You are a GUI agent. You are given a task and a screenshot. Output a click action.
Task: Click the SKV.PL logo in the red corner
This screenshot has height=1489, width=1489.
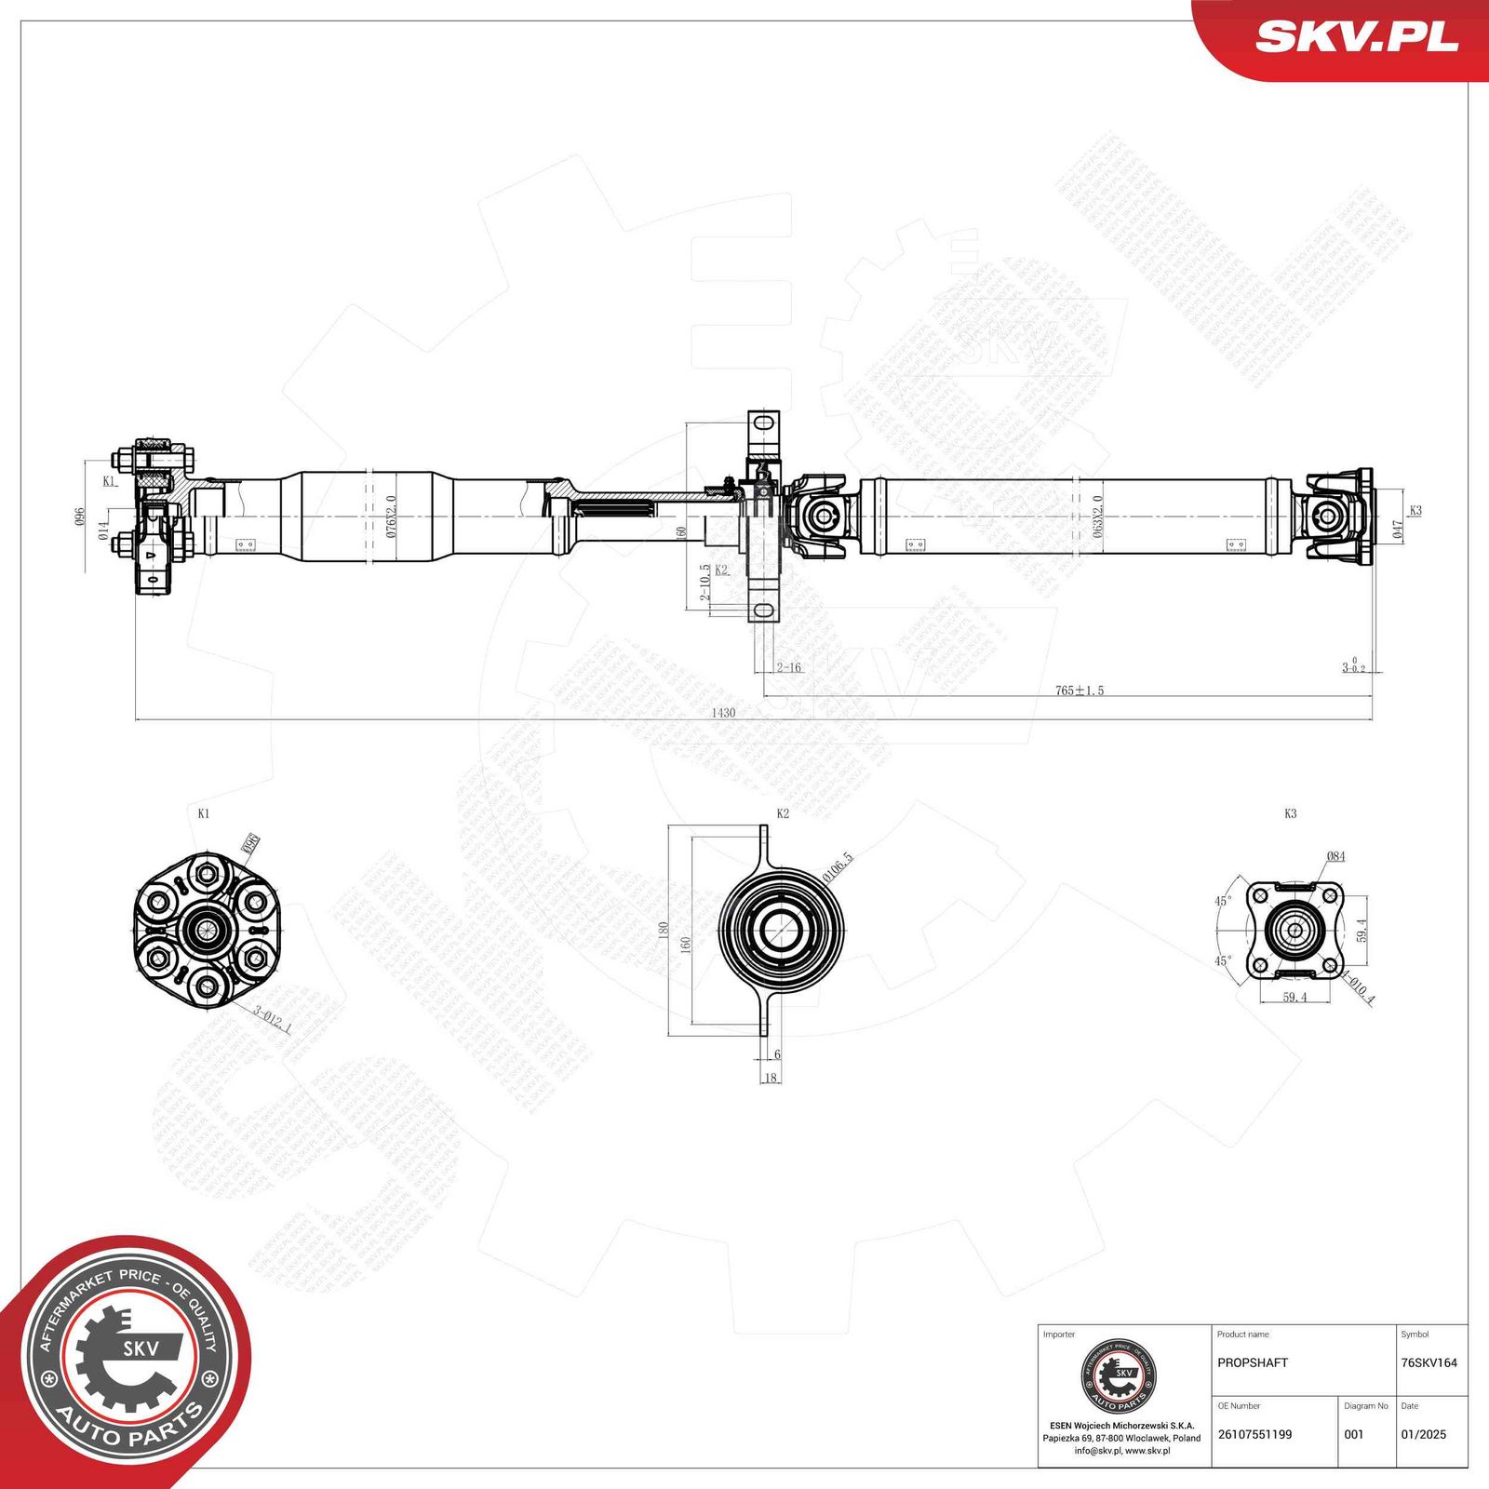(1356, 37)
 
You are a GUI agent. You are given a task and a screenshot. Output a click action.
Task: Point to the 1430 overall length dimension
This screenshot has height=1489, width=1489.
(723, 713)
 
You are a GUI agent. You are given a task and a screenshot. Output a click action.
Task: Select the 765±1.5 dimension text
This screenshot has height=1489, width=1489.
(1080, 691)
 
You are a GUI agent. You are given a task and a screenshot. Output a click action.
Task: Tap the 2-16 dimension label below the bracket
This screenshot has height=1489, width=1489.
(788, 667)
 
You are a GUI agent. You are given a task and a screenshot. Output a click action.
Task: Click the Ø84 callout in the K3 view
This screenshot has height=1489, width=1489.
(1335, 856)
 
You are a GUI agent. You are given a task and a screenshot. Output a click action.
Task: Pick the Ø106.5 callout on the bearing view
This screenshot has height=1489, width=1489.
(838, 865)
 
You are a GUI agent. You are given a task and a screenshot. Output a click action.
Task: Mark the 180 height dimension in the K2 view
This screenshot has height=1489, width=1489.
(664, 930)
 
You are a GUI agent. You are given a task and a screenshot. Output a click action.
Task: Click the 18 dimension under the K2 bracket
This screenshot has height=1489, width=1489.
(771, 1078)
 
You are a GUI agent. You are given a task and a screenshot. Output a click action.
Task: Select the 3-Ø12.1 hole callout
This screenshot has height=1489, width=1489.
(273, 1020)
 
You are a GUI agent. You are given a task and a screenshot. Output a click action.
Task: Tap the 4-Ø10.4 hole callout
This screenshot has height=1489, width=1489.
(1359, 987)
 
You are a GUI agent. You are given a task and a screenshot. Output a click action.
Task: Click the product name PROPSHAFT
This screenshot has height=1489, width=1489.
(1253, 1362)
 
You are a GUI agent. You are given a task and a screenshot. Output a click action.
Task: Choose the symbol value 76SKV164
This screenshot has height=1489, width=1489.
(1429, 1362)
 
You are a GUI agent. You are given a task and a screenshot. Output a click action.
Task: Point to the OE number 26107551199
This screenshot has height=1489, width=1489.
(1254, 1434)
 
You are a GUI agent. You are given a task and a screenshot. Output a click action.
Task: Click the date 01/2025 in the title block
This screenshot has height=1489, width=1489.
(1424, 1434)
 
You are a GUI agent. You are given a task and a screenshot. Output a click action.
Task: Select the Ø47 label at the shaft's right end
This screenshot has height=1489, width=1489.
(1397, 530)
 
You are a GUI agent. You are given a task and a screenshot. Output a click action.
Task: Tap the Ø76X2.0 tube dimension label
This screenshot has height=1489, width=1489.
(391, 516)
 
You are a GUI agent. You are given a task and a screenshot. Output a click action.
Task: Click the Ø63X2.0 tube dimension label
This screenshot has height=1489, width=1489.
(1097, 516)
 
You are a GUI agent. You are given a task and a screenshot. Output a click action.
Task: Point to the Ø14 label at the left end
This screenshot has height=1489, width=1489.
(103, 531)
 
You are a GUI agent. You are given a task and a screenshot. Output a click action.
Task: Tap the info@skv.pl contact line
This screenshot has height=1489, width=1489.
(1121, 1450)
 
